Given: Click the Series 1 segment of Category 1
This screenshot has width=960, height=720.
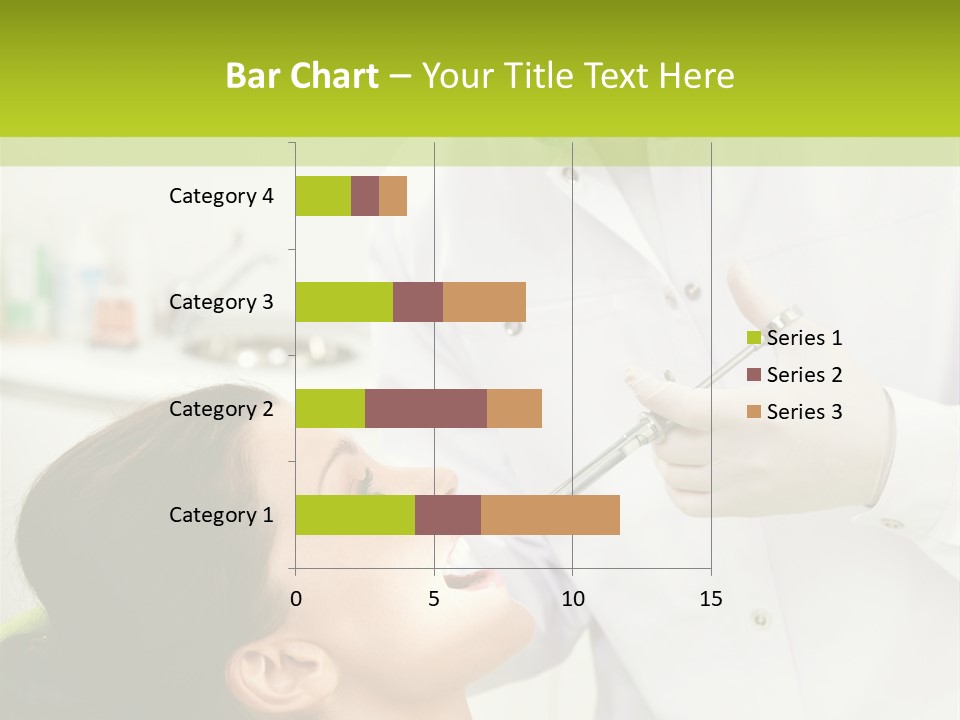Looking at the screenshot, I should pyautogui.click(x=355, y=515).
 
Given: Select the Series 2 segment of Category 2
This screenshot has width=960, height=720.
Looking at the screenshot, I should pyautogui.click(x=426, y=408).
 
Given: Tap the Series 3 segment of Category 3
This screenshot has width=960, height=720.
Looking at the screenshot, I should pyautogui.click(x=484, y=302).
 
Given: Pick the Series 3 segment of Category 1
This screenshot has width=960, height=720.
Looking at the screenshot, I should pyautogui.click(x=550, y=515).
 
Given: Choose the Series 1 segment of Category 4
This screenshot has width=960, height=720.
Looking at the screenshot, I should pyautogui.click(x=323, y=196).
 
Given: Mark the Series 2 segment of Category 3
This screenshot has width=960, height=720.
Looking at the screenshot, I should pyautogui.click(x=418, y=302).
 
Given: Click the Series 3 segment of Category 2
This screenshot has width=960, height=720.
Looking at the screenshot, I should pyautogui.click(x=514, y=408).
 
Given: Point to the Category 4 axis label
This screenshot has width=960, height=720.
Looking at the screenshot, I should pyautogui.click(x=221, y=196).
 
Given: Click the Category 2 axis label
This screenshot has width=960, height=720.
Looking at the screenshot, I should pyautogui.click(x=221, y=409).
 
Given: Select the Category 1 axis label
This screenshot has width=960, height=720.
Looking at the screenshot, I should pyautogui.click(x=221, y=515).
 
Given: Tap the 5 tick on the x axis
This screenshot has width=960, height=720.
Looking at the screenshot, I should pyautogui.click(x=434, y=599).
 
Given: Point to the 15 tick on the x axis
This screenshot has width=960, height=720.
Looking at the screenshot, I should pyautogui.click(x=710, y=599).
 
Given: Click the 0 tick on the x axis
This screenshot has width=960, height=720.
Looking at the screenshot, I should pyautogui.click(x=296, y=599).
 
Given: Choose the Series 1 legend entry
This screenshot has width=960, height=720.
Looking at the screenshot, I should pyautogui.click(x=794, y=338).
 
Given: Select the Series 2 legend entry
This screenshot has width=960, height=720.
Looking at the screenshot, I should pyautogui.click(x=794, y=375).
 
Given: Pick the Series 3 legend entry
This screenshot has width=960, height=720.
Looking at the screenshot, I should pyautogui.click(x=794, y=412).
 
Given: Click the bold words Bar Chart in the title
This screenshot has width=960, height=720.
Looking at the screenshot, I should pyautogui.click(x=301, y=76).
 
